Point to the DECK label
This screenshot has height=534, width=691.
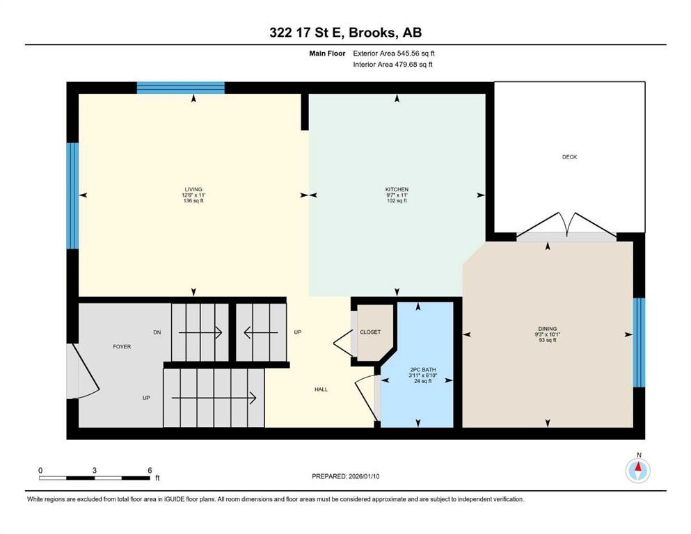pos(569,157)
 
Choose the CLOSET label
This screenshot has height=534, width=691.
pos(370,332)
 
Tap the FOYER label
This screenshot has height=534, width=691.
pos(122,346)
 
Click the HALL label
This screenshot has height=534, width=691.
pos(321,389)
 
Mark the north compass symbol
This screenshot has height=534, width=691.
pos(637,470)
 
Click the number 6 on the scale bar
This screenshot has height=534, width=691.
pos(150,470)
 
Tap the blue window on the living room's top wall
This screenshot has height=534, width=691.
pos(180,88)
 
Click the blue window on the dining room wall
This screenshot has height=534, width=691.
pos(639,342)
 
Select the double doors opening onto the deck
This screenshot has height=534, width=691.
pos(565,229)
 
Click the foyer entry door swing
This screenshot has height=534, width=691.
pos(77,370)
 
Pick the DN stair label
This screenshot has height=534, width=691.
pos(157,332)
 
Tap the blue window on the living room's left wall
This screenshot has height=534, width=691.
pos(72,195)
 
